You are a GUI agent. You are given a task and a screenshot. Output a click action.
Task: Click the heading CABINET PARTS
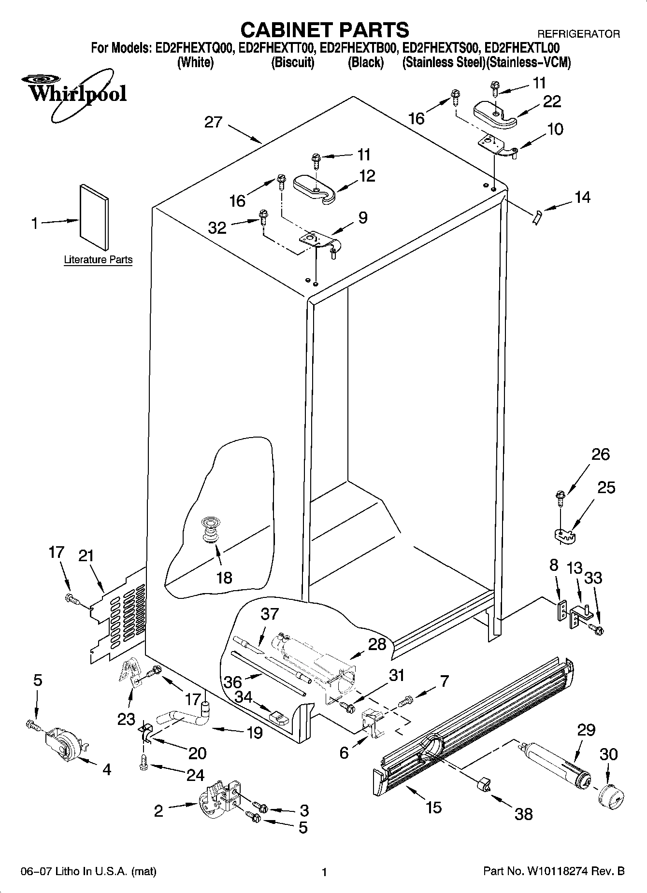pyautogui.click(x=324, y=30)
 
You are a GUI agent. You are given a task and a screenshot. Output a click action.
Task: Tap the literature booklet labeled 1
pyautogui.click(x=94, y=217)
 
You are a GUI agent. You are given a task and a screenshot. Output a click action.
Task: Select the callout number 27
pyautogui.click(x=213, y=122)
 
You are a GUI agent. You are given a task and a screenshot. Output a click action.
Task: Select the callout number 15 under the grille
pyautogui.click(x=434, y=807)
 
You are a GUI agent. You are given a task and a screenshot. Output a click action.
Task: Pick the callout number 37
pyautogui.click(x=270, y=614)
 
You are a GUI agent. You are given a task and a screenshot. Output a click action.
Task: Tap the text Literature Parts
pyautogui.click(x=98, y=260)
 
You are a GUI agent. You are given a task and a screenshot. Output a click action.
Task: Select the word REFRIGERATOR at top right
pyautogui.click(x=578, y=34)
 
